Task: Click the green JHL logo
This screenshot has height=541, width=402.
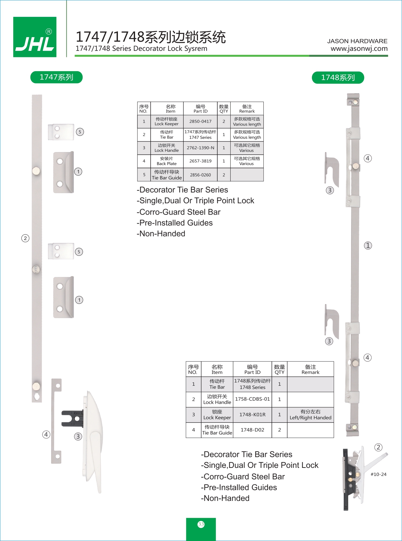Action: [x=35, y=37]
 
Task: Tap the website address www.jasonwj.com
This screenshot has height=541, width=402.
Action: [x=359, y=49]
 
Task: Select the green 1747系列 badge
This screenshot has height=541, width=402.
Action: [x=56, y=77]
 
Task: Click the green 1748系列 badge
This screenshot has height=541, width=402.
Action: [x=338, y=78]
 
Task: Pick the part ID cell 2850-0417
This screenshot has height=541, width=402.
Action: [x=200, y=121]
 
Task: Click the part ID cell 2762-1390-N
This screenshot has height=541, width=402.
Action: [x=200, y=148]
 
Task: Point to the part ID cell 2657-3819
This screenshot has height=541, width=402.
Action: [x=200, y=161]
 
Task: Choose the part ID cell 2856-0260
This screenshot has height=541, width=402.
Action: [x=200, y=175]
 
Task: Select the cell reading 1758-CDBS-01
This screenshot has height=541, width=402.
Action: [x=252, y=399]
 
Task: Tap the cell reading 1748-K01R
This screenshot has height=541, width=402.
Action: [x=252, y=414]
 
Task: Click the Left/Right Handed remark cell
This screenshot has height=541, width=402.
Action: [x=310, y=414]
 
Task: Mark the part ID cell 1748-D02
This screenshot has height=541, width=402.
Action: [x=252, y=430]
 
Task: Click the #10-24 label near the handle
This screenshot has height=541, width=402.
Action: [x=378, y=474]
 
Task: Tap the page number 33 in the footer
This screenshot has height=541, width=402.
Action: [x=201, y=524]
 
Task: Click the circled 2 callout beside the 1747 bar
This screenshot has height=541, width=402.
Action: [x=25, y=238]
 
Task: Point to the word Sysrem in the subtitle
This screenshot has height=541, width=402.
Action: [x=195, y=49]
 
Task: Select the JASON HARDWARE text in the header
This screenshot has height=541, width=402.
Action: [x=357, y=41]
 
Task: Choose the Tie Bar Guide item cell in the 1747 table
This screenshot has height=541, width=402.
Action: [x=167, y=175]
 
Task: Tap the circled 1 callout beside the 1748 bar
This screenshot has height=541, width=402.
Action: [x=368, y=246]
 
